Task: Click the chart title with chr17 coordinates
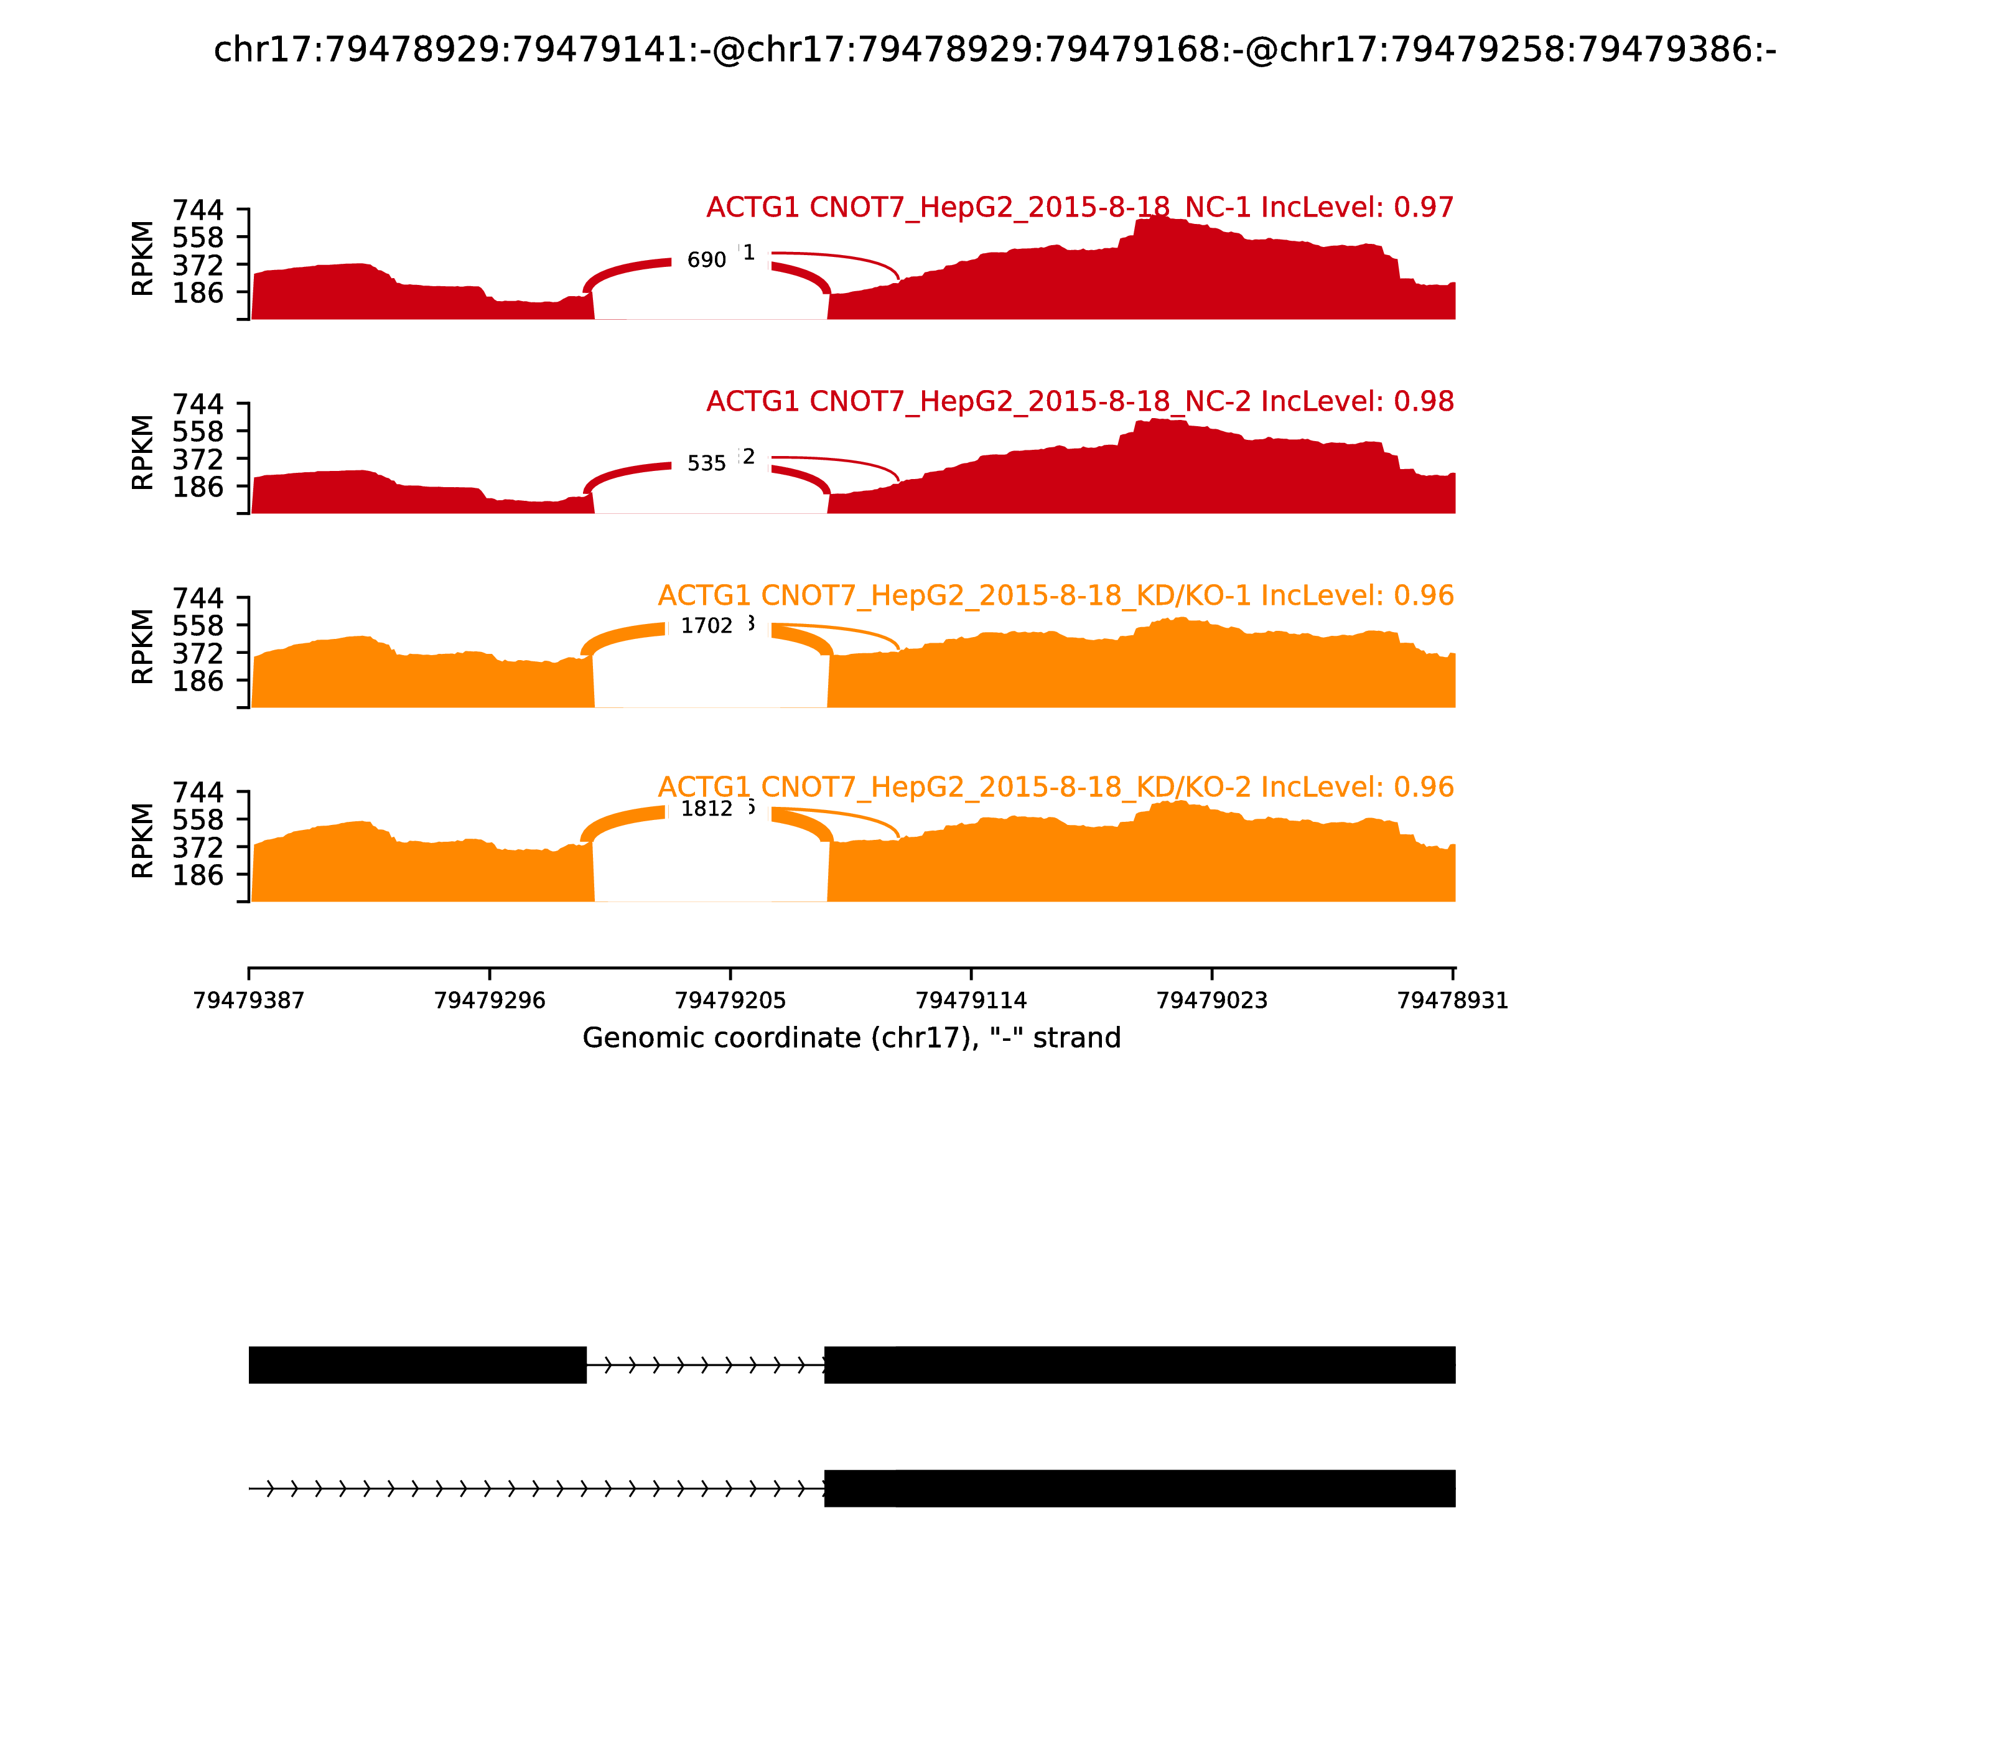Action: (994, 50)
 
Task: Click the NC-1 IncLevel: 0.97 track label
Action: (1079, 208)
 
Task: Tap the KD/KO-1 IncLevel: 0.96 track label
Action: (1056, 596)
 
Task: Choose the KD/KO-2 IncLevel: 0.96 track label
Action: (1056, 788)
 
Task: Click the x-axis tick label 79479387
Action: (249, 1001)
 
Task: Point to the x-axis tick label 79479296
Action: (490, 1001)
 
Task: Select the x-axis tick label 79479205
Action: (730, 1001)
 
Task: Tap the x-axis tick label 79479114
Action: (971, 1001)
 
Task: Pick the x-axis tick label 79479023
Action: (1212, 1001)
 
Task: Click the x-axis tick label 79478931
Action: (1452, 1001)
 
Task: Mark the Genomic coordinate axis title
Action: (852, 1038)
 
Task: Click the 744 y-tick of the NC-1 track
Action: (198, 210)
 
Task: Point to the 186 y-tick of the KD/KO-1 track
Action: (198, 681)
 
